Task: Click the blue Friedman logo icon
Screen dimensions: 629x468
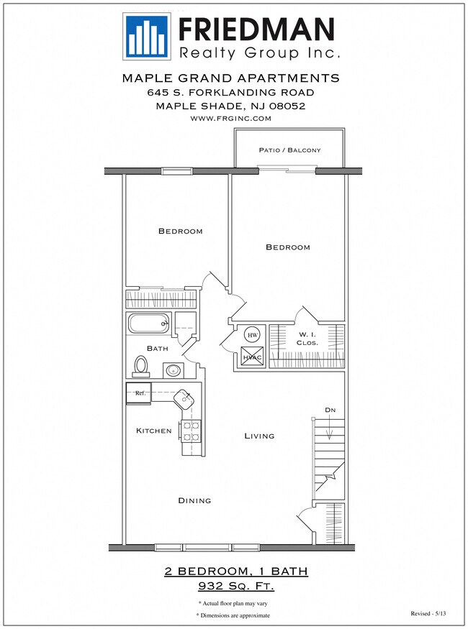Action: point(148,36)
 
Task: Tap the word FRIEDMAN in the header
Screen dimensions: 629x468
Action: point(256,29)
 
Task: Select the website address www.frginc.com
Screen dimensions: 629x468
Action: point(230,118)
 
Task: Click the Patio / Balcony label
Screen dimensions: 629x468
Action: point(289,150)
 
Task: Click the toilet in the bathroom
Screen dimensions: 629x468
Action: point(140,367)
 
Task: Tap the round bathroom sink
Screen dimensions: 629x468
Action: point(173,371)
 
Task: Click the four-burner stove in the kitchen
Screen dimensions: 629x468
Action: point(191,431)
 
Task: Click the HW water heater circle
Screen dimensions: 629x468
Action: point(252,335)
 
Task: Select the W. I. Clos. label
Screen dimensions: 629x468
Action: point(307,338)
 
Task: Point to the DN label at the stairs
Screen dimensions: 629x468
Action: point(329,410)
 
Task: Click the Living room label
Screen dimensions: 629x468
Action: point(259,436)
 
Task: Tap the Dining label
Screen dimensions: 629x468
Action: point(194,500)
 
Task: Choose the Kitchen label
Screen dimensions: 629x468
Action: point(154,431)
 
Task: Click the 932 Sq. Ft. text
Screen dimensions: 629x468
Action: point(235,586)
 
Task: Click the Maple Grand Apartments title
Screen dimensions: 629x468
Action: point(230,78)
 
